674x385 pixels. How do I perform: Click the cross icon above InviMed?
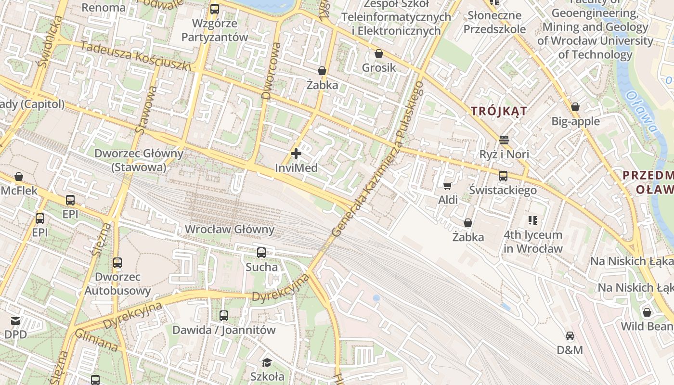click(x=296, y=154)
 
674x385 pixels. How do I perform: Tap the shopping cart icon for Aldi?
click(x=447, y=186)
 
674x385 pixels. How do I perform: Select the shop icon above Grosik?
click(x=379, y=53)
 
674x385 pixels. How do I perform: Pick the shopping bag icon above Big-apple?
click(x=575, y=107)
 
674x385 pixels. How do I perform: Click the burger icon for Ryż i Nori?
click(x=504, y=140)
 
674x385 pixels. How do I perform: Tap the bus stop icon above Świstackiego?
click(x=503, y=176)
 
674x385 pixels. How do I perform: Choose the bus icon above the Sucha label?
click(x=261, y=253)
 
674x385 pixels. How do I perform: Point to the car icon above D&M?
click(x=570, y=336)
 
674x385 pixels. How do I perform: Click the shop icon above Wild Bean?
click(x=647, y=312)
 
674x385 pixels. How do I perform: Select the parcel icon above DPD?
click(x=15, y=321)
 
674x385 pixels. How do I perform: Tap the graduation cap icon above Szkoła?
click(x=267, y=362)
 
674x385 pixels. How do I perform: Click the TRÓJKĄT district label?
click(x=499, y=111)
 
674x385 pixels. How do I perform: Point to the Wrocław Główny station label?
click(x=230, y=230)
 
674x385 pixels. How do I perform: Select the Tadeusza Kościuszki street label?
click(x=136, y=56)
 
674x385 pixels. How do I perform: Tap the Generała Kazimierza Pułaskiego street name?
click(x=378, y=159)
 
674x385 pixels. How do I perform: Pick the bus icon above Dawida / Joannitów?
click(x=224, y=316)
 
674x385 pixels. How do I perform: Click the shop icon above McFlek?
click(x=19, y=177)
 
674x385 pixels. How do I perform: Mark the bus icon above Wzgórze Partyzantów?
click(x=215, y=9)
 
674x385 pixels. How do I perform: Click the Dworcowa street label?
click(x=271, y=71)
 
